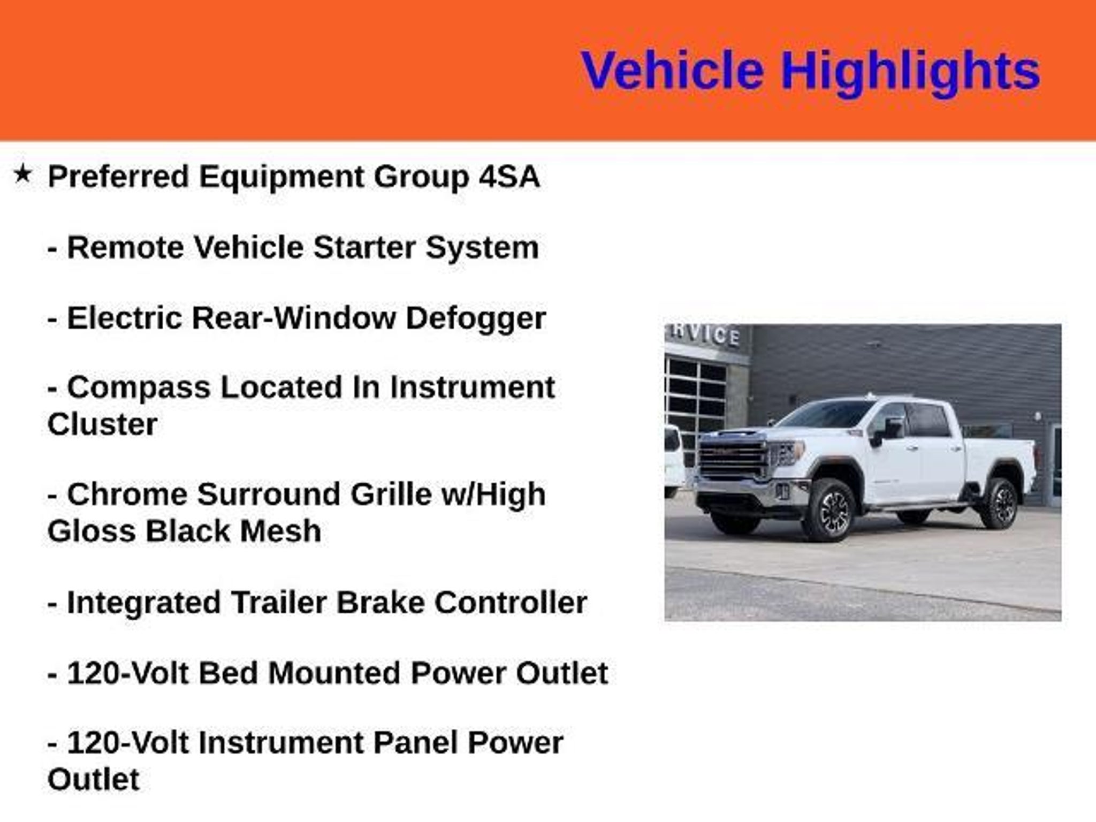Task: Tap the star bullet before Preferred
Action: [22, 173]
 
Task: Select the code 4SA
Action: [509, 177]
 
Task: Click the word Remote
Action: [125, 247]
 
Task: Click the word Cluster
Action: [102, 424]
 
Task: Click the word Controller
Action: [511, 602]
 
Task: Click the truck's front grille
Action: [732, 461]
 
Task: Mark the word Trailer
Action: [278, 602]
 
